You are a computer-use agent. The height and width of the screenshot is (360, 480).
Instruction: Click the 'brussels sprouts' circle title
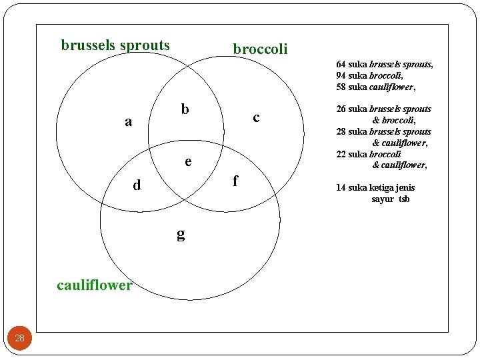tap(115, 45)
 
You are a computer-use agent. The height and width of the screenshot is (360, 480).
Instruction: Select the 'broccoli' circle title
tap(260, 49)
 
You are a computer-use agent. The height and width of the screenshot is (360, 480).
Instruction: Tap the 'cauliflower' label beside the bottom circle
tap(95, 285)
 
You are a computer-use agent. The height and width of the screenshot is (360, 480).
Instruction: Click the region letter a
tap(129, 121)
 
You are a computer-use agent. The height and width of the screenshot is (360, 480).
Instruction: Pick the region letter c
tap(256, 117)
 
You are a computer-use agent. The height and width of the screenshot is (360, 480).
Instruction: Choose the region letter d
tap(137, 185)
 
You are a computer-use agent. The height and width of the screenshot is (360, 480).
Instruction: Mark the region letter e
tap(188, 161)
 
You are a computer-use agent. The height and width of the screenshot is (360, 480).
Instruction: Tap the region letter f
tap(234, 180)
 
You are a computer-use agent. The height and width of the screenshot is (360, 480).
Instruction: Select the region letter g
tap(181, 233)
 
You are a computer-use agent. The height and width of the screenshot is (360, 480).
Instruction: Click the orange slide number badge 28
tap(19, 338)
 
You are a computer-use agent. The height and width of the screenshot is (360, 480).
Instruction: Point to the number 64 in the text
tap(341, 65)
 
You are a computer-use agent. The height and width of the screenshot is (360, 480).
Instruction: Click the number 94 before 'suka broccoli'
tap(341, 76)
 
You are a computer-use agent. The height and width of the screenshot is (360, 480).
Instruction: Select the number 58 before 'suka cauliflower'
tap(341, 87)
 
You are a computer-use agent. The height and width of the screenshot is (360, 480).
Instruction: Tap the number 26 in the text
tap(341, 109)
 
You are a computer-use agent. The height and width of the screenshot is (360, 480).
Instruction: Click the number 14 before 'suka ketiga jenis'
tap(341, 187)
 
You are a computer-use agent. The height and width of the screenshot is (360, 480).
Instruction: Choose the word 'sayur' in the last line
tap(383, 199)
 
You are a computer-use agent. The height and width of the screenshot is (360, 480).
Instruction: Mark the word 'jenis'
tap(404, 187)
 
